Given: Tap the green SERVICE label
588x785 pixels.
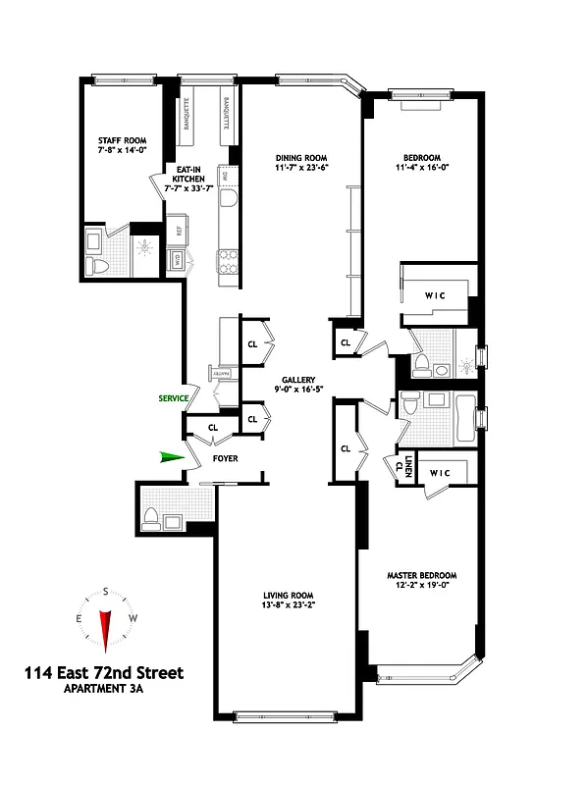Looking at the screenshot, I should (x=174, y=398).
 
